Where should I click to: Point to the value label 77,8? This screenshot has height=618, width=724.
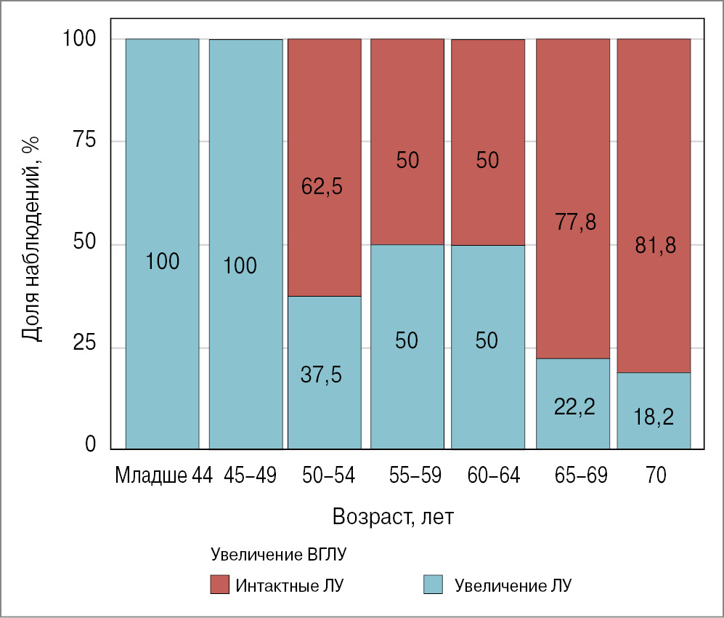pos(576,222)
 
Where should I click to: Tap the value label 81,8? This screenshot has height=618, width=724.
pos(655,245)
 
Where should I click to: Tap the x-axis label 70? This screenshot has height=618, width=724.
pos(654,475)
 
